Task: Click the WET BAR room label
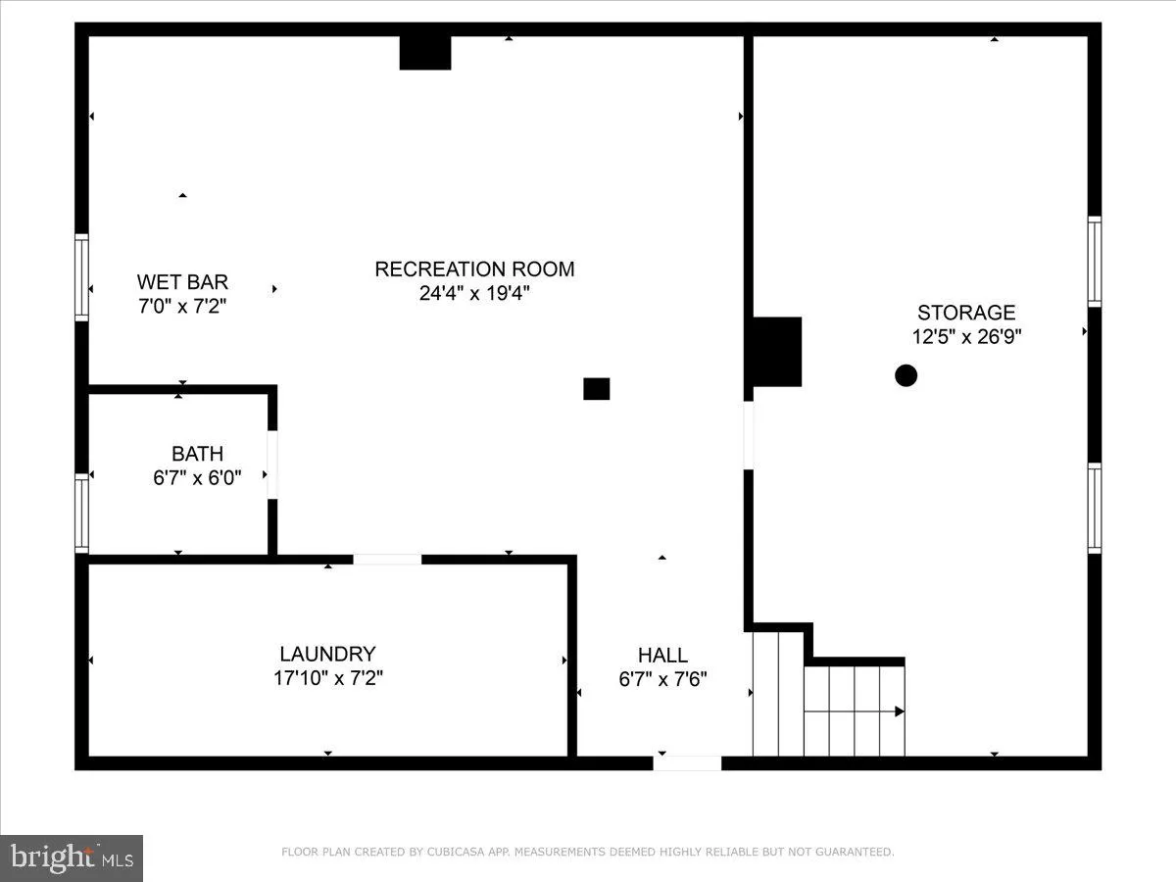click(x=182, y=282)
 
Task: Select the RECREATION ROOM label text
click(x=474, y=269)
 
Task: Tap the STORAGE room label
click(x=965, y=313)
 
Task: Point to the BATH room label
click(x=197, y=454)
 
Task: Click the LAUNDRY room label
click(x=327, y=654)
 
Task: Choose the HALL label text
click(x=662, y=655)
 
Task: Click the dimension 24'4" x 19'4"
click(x=474, y=293)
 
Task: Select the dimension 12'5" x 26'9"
click(x=965, y=336)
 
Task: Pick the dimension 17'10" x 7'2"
click(x=327, y=677)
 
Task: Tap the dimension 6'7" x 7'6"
click(x=662, y=678)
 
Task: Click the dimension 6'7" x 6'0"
click(x=197, y=477)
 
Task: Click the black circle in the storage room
click(x=906, y=374)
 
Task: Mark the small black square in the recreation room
click(x=597, y=389)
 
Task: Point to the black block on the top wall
click(x=425, y=53)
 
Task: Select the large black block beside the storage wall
click(x=777, y=352)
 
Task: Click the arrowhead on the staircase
click(x=899, y=711)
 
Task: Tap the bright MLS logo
click(x=72, y=857)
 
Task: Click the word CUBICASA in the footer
click(x=451, y=853)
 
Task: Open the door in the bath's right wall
click(x=272, y=465)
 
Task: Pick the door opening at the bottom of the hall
click(x=687, y=762)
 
